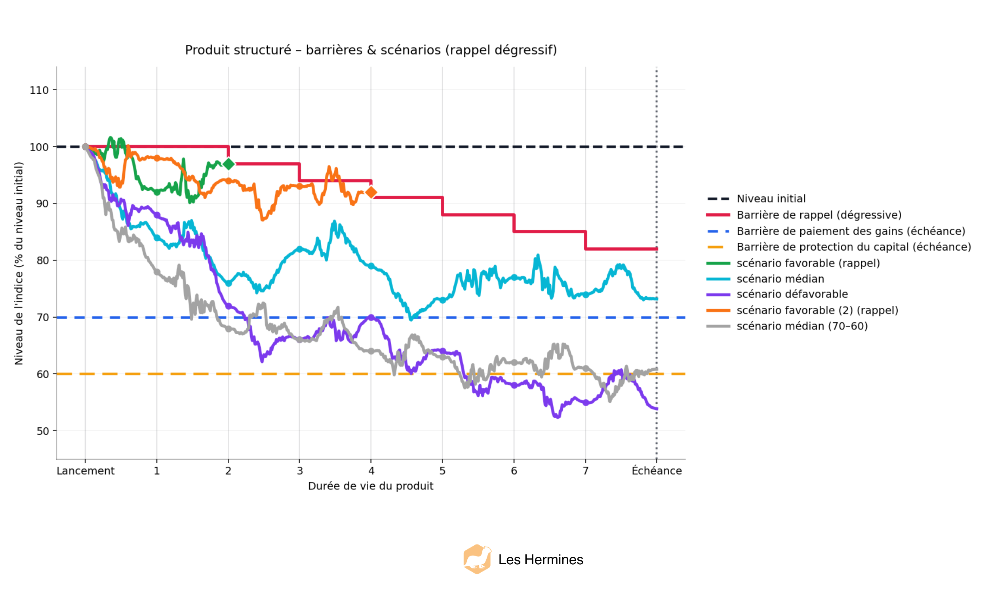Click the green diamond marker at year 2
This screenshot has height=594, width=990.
pyautogui.click(x=228, y=164)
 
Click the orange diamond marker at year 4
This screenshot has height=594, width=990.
pyautogui.click(x=371, y=192)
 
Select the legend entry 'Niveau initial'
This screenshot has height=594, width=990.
pyautogui.click(x=771, y=198)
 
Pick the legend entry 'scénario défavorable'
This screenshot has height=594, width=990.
pyautogui.click(x=792, y=294)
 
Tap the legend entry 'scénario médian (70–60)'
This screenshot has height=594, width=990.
pyautogui.click(x=802, y=326)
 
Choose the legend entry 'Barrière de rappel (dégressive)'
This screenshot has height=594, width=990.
pyautogui.click(x=819, y=215)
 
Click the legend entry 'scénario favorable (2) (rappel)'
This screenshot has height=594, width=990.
pyautogui.click(x=817, y=310)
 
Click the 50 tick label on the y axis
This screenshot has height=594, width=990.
pyautogui.click(x=42, y=431)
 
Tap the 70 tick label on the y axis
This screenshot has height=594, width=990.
pyautogui.click(x=42, y=318)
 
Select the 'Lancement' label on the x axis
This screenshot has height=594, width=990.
pyautogui.click(x=85, y=471)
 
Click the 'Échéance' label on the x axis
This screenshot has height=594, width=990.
pyautogui.click(x=656, y=471)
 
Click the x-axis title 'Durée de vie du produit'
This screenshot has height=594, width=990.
pyautogui.click(x=371, y=486)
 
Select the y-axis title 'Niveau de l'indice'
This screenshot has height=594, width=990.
pyautogui.click(x=19, y=263)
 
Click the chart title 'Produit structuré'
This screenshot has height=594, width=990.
pyautogui.click(x=371, y=50)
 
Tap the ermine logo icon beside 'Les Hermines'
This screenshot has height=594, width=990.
pyautogui.click(x=477, y=559)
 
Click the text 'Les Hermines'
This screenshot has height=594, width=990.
pyautogui.click(x=541, y=560)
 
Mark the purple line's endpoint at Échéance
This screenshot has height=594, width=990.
pyautogui.click(x=656, y=409)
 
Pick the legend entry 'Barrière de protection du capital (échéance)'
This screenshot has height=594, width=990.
pyautogui.click(x=853, y=247)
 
